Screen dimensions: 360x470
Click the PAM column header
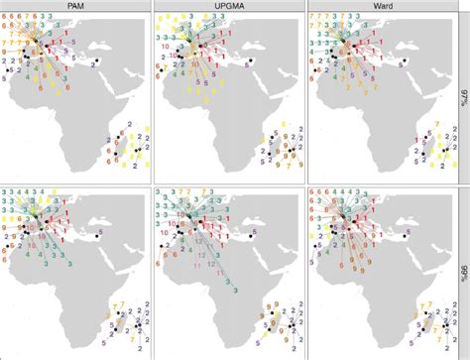pyautogui.click(x=77, y=6)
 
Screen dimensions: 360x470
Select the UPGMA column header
pyautogui.click(x=230, y=6)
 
